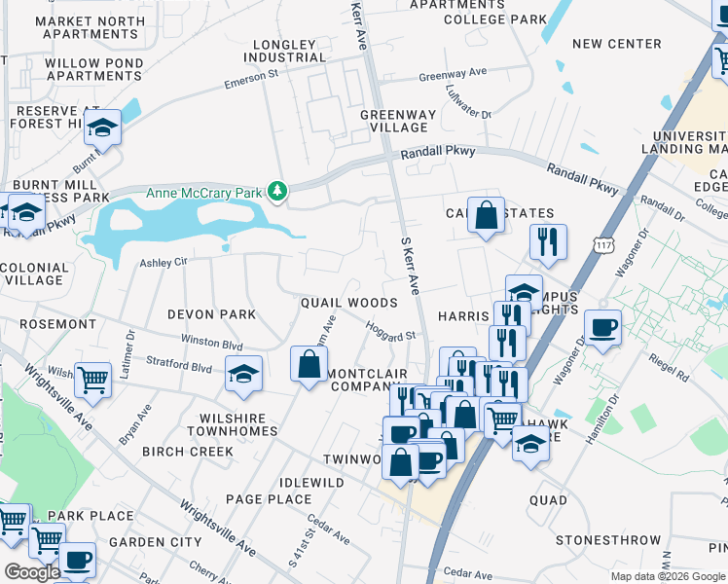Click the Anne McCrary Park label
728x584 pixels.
point(203,193)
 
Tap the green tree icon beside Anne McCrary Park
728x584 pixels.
point(278,192)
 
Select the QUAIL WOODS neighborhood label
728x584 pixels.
point(348,304)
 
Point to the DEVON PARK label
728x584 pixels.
point(211,314)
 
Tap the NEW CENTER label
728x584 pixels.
point(616,44)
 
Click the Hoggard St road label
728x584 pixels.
point(391,331)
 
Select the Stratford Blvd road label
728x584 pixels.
point(178,368)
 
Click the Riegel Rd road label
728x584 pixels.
point(670,371)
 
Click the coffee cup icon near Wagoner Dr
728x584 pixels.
point(601,327)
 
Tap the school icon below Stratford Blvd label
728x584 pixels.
point(242,374)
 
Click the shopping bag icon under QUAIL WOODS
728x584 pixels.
point(309,364)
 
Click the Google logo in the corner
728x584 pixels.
point(33,572)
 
